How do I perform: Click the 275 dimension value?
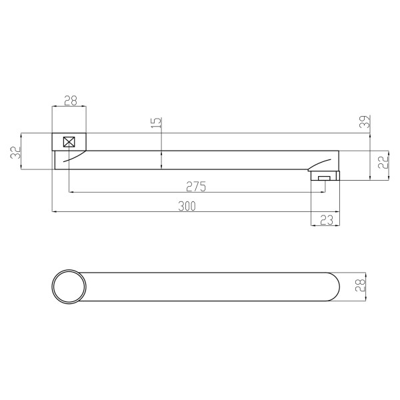(x=196, y=187)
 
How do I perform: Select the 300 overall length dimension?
(x=187, y=206)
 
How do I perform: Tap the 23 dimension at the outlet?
(x=327, y=220)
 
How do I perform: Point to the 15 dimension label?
(x=157, y=123)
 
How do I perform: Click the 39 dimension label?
(x=365, y=121)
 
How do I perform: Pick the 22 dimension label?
(x=383, y=162)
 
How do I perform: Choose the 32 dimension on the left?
(x=15, y=153)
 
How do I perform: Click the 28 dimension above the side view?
(x=71, y=101)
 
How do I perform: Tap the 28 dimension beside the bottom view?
(x=360, y=285)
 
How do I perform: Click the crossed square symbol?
(x=69, y=142)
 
